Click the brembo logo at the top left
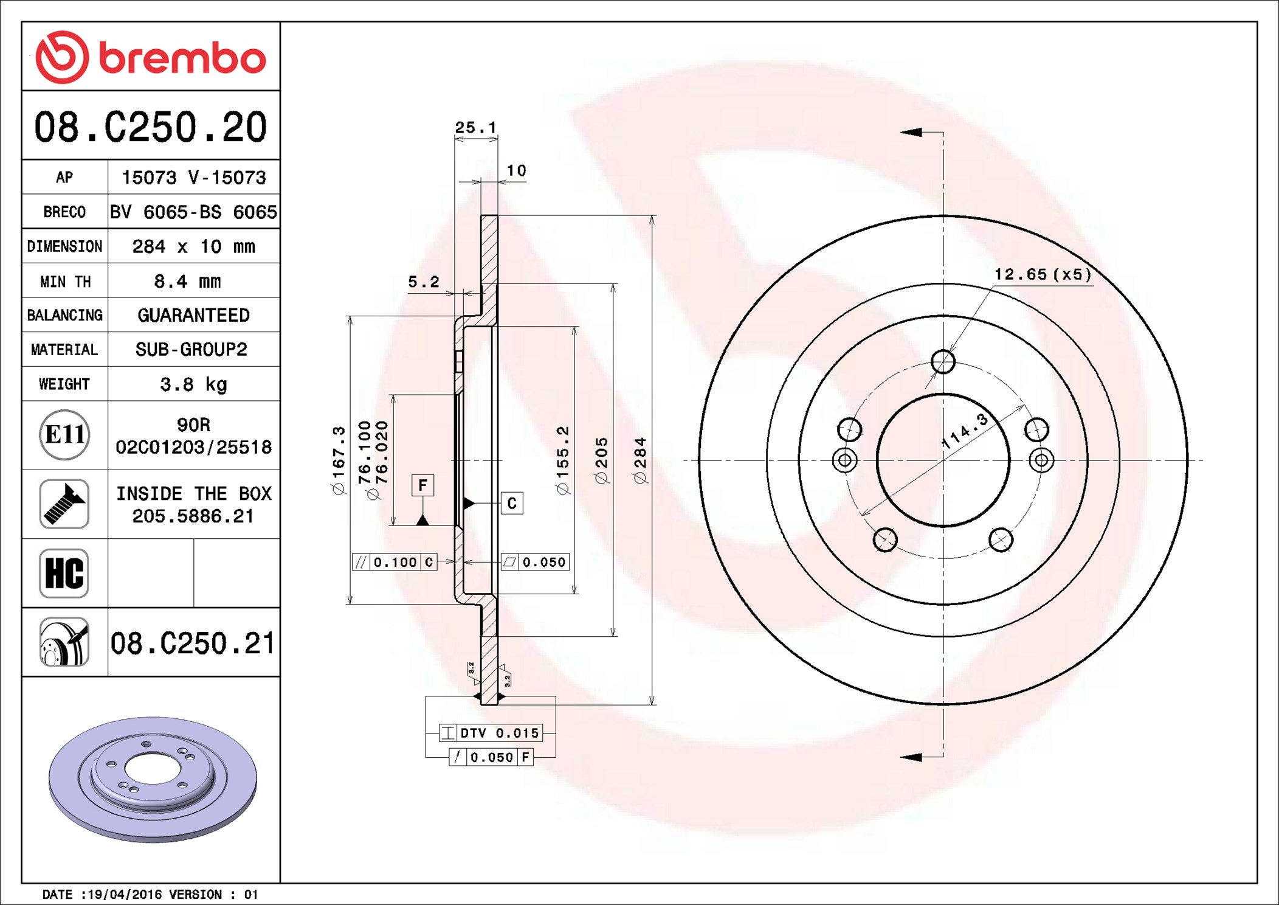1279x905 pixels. tap(150, 57)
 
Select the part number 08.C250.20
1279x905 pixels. tap(150, 127)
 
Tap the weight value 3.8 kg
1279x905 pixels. tap(193, 384)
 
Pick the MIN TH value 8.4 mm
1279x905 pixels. tap(187, 281)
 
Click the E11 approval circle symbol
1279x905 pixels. tap(64, 434)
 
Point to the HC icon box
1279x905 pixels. tap(64, 573)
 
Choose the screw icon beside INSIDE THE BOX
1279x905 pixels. tap(64, 504)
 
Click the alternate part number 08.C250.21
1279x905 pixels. tap(193, 643)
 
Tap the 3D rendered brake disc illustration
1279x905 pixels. tap(153, 779)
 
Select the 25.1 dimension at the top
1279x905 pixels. tap(476, 127)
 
